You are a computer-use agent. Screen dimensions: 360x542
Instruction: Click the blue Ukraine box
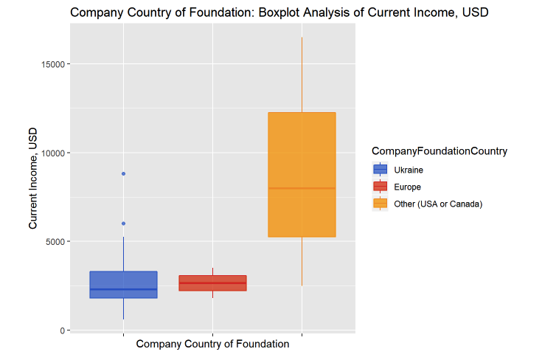123,280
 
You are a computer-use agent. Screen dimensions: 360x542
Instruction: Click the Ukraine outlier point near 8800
123,173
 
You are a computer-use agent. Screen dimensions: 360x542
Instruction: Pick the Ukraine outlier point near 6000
123,224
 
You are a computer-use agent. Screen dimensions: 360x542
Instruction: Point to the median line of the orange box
302,188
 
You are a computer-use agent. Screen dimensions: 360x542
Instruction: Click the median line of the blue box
123,289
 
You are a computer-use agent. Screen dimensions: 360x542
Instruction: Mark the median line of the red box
212,283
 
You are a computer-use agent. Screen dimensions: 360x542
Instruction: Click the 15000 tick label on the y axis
54,64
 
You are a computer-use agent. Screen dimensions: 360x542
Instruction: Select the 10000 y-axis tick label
54,153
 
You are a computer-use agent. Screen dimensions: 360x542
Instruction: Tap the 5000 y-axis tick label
56,241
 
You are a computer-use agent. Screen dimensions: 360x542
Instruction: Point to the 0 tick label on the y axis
63,330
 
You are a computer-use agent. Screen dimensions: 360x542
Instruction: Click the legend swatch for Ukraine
381,169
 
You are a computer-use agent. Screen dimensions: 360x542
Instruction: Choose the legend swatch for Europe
381,187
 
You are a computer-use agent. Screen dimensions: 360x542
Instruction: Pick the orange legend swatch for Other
381,204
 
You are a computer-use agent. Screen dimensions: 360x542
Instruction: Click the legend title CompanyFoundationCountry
439,151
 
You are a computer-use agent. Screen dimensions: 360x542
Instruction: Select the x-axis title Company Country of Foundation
212,344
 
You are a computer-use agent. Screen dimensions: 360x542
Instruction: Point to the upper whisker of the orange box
302,74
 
